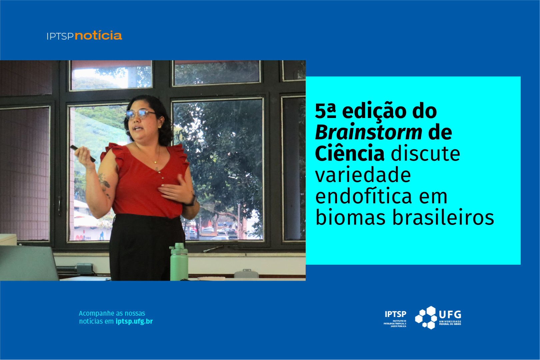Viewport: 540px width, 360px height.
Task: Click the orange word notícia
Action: (x=98, y=35)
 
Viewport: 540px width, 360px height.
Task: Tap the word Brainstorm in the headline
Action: (x=369, y=132)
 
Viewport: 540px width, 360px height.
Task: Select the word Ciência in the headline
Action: (x=350, y=153)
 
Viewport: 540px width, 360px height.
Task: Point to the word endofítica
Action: (x=364, y=196)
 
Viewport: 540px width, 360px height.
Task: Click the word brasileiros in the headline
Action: (x=443, y=217)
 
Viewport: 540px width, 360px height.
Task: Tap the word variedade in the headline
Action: (x=363, y=175)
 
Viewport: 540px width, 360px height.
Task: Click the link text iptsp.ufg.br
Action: (x=134, y=322)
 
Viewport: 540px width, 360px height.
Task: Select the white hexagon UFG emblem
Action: (x=426, y=318)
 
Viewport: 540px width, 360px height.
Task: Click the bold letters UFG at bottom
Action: (x=450, y=315)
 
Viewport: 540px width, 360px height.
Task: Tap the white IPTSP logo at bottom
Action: (x=395, y=319)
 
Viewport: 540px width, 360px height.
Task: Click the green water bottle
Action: (x=179, y=262)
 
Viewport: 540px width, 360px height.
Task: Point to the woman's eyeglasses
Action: (x=140, y=114)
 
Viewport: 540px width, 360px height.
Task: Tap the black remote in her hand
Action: (x=83, y=154)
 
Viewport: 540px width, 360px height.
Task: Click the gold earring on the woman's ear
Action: (x=159, y=127)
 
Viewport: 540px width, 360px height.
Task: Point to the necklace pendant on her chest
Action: (x=156, y=162)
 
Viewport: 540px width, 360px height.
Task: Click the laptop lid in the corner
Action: (x=28, y=263)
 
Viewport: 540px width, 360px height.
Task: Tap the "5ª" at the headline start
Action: (x=325, y=111)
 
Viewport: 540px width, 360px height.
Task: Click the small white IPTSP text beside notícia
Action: (x=60, y=36)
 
